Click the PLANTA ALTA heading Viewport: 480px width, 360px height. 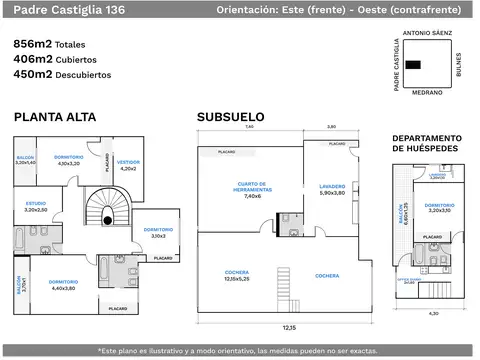(55, 117)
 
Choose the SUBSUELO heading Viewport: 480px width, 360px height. (230, 117)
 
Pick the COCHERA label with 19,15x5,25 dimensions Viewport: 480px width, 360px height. (238, 277)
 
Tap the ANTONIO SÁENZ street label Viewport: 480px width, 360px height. (427, 33)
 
